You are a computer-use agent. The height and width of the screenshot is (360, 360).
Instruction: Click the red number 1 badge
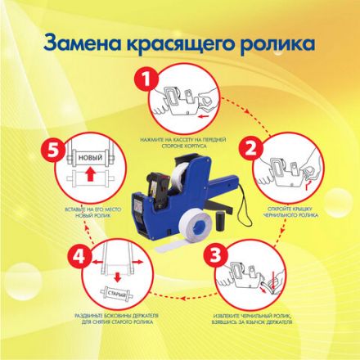coord(146,79)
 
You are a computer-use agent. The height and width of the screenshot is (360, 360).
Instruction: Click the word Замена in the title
coord(85,41)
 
